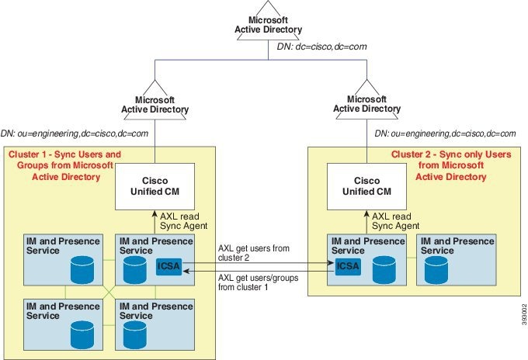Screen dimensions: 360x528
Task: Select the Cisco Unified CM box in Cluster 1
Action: pos(155,185)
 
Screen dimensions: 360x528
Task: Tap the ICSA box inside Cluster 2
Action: pos(346,266)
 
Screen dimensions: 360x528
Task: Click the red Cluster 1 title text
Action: pos(64,165)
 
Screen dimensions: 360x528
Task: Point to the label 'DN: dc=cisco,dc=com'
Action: pos(332,47)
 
